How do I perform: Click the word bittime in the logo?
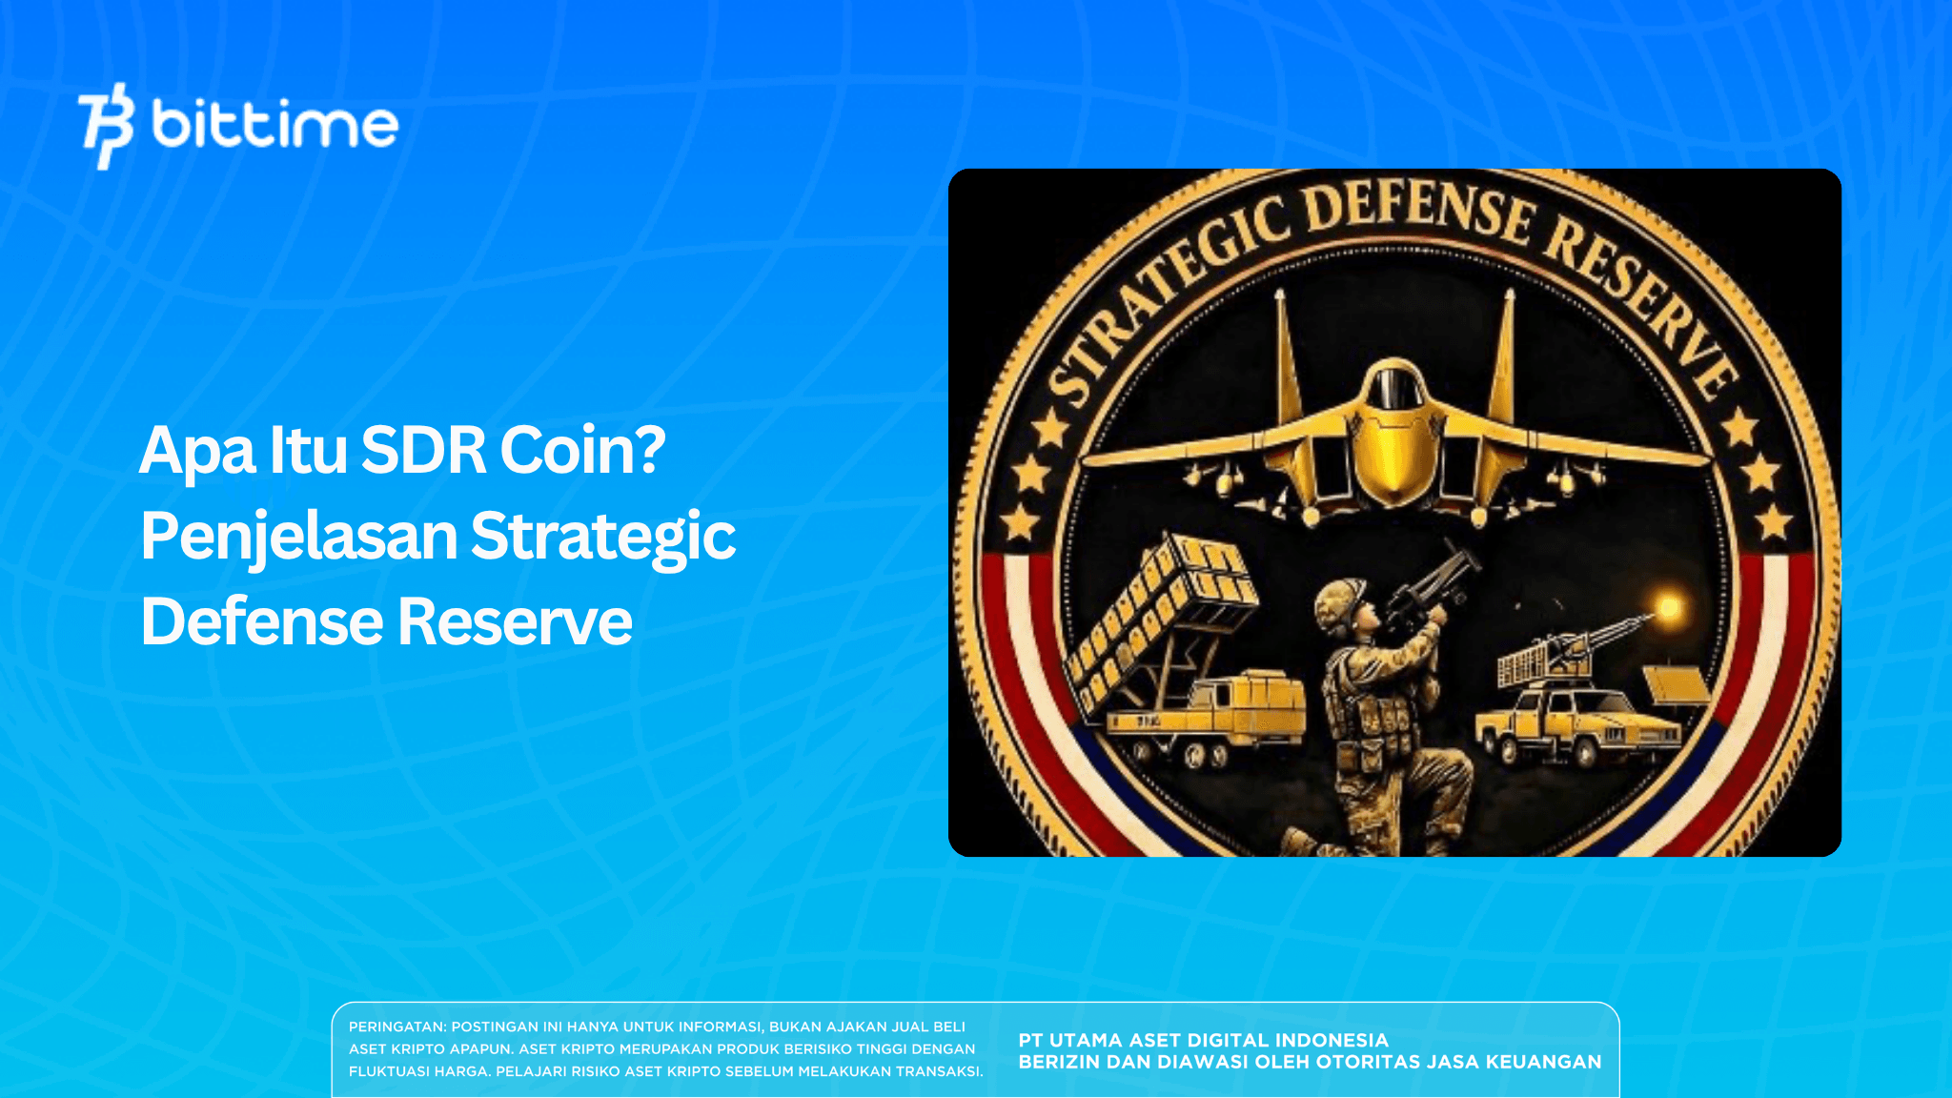point(274,126)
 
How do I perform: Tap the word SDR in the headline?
point(423,450)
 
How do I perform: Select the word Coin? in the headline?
point(582,450)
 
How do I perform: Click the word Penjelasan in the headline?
point(299,536)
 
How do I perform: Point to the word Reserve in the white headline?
point(515,621)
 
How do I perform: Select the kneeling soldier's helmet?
point(1342,600)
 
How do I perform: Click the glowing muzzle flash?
point(1668,606)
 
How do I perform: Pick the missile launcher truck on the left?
point(1182,667)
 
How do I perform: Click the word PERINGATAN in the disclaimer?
point(396,1027)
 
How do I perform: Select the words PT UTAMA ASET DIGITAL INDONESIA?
point(1203,1040)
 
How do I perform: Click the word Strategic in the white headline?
point(602,536)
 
